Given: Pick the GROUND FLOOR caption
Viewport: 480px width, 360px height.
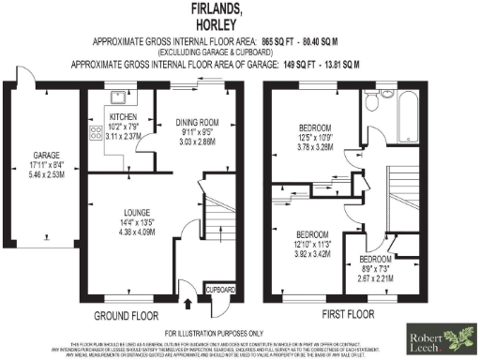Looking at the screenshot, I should [127, 316].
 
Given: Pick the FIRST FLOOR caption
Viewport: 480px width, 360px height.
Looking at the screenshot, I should [348, 316].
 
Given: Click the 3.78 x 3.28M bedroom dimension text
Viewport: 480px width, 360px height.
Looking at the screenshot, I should [322, 147].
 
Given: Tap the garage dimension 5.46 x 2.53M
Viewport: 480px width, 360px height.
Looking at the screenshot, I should [47, 174].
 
